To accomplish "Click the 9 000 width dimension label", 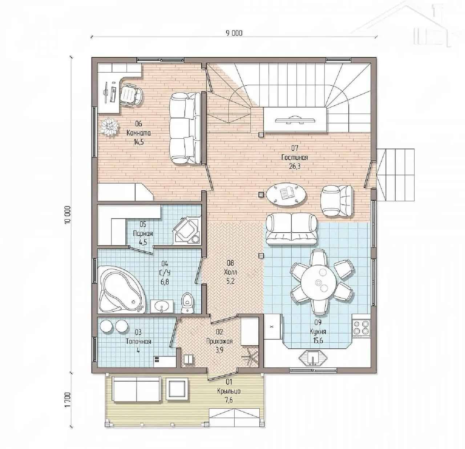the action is click(x=234, y=33).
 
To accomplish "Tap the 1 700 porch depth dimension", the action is click(x=68, y=399).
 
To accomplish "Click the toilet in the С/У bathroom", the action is click(x=188, y=303).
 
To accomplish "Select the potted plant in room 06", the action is click(x=110, y=127).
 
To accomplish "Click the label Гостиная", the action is click(x=294, y=158).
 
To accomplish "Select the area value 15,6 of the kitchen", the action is click(x=318, y=340).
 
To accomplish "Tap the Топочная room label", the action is click(x=139, y=341).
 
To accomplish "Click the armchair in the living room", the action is click(x=337, y=201).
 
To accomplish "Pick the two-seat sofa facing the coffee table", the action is click(x=291, y=229).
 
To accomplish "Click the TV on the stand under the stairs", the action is click(x=295, y=119).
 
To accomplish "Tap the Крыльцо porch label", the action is click(x=229, y=391).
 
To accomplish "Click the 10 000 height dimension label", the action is click(x=68, y=214).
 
